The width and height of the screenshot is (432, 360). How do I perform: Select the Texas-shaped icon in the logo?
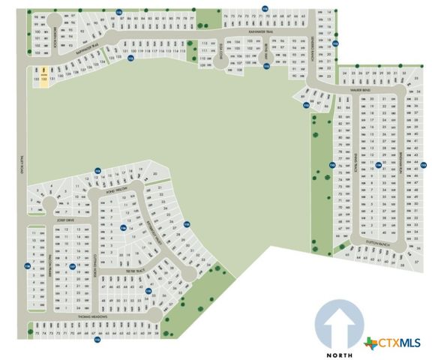[370, 343]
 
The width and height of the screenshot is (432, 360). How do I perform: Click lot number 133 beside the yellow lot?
[36, 77]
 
